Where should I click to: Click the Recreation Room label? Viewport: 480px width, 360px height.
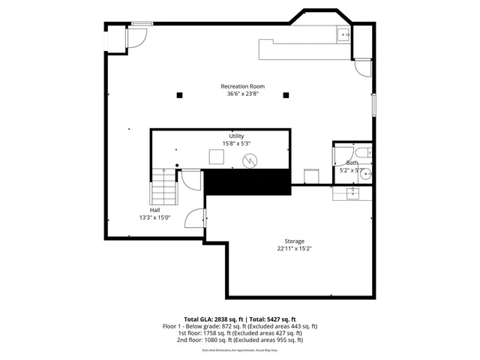click(240, 86)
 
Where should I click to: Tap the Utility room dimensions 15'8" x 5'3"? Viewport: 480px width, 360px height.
click(236, 143)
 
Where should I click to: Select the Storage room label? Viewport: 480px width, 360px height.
click(294, 241)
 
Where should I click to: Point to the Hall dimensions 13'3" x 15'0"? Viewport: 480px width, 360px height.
click(154, 217)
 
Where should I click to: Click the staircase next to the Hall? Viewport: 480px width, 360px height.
click(163, 188)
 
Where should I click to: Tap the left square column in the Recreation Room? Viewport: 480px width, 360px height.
click(179, 94)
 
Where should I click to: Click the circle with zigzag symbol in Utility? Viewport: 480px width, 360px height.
click(252, 160)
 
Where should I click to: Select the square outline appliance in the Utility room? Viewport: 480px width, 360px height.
click(216, 157)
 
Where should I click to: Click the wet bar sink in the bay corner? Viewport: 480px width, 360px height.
click(343, 33)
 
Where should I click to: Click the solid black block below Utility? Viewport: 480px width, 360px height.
click(247, 182)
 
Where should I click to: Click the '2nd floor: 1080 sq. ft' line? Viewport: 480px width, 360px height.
click(240, 340)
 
